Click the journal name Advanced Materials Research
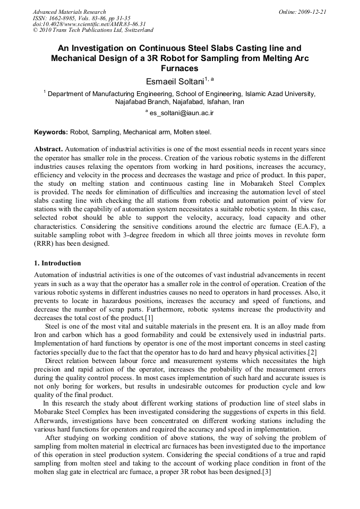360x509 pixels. tap(69, 12)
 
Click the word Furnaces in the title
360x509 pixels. tap(179, 68)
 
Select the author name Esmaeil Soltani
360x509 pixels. tap(169, 81)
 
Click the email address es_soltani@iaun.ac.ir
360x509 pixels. tap(182, 113)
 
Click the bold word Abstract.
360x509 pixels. tap(48, 150)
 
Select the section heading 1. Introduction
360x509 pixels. tap(57, 263)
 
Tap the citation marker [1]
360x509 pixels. tap(149, 318)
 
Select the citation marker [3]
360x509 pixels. tap(267, 472)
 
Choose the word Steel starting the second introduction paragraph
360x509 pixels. tap(54, 326)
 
